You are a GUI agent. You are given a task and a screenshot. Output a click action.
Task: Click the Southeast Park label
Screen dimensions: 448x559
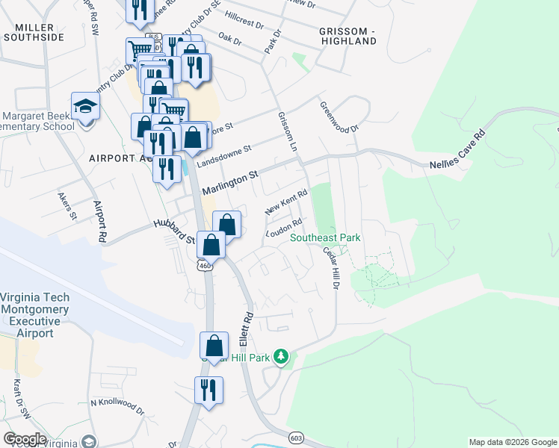click(x=325, y=238)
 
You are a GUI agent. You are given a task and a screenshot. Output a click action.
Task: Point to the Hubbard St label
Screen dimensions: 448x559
click(x=173, y=232)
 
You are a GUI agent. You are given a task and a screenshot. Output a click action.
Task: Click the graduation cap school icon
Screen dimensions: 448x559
click(x=86, y=107)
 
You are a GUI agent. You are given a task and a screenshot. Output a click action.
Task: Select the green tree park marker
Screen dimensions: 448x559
click(x=281, y=357)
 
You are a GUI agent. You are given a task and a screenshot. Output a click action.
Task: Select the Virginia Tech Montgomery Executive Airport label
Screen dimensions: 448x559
click(x=35, y=315)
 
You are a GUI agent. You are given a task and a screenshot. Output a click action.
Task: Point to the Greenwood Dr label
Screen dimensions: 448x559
click(x=339, y=116)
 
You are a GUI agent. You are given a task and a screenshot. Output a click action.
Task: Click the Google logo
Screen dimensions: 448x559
click(x=25, y=438)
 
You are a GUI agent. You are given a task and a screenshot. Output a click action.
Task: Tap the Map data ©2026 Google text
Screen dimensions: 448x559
click(x=512, y=442)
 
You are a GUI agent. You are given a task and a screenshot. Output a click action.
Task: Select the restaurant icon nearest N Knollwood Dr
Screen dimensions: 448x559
click(x=209, y=391)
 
